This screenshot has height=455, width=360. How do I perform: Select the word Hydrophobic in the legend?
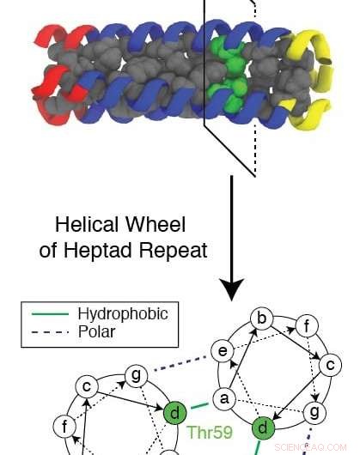tap(122, 314)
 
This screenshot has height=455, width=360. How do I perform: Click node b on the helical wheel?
tap(264, 320)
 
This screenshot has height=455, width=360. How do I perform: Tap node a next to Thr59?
tap(224, 398)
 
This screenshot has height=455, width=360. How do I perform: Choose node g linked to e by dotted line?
tap(134, 374)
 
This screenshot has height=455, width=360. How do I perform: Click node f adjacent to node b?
tap(302, 326)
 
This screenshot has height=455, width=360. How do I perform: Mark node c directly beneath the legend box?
tap(87, 388)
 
